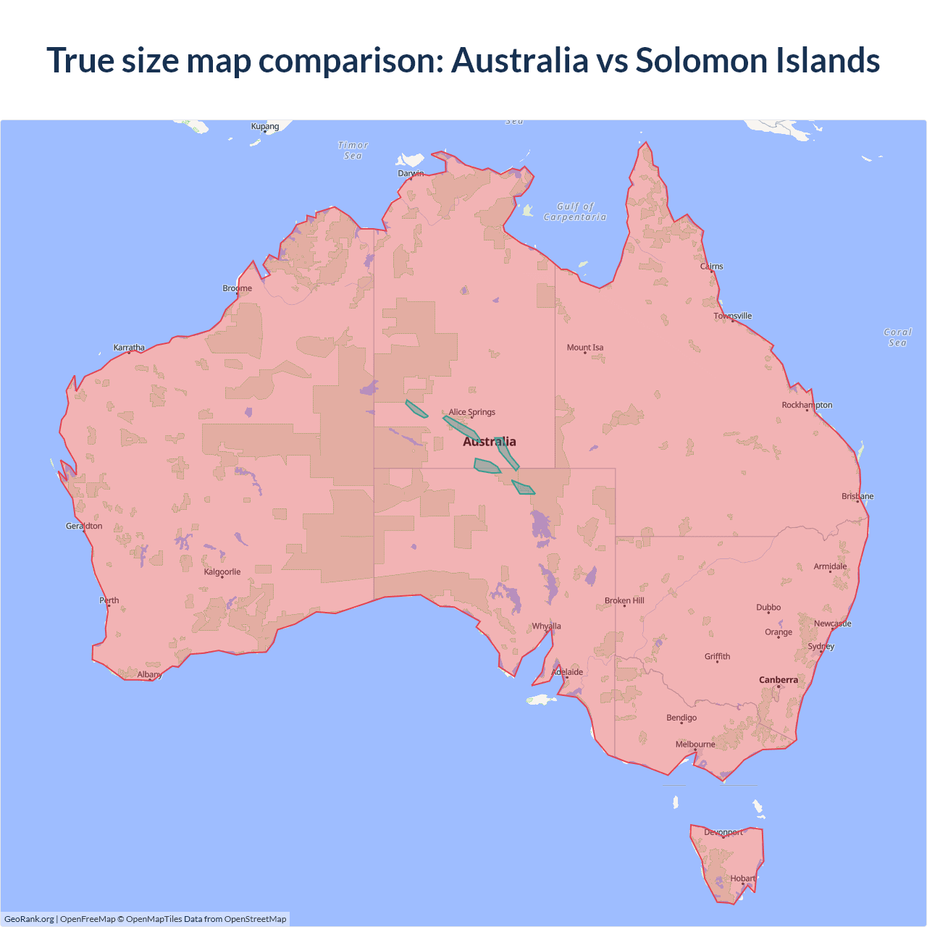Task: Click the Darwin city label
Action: coord(411,173)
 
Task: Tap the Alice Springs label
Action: coord(472,412)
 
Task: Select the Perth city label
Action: coord(109,600)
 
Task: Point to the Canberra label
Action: coord(779,680)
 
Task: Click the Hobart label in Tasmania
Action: coord(742,878)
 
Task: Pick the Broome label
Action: coord(238,288)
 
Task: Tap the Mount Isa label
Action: coord(585,348)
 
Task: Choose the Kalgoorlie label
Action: coord(222,572)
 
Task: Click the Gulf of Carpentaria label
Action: coord(575,211)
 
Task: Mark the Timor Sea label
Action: coord(353,151)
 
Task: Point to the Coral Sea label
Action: coord(897,337)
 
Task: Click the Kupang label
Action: coord(265,127)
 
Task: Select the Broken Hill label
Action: coord(624,601)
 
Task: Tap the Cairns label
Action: coord(712,267)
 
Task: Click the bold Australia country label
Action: coord(490,442)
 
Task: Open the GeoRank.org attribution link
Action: coord(29,919)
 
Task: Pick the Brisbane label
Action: coord(857,497)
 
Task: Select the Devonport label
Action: coord(723,832)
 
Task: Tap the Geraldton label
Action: coord(84,527)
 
